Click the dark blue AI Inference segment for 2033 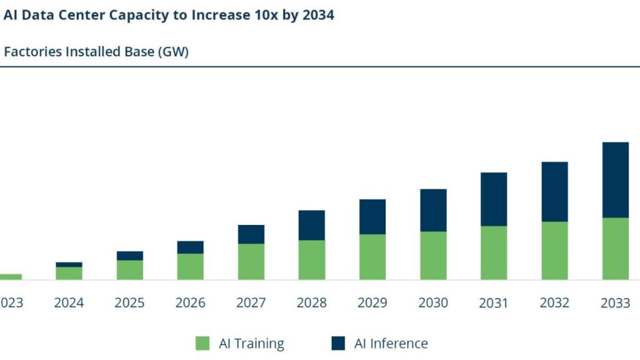(616, 180)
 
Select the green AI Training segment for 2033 (616, 248)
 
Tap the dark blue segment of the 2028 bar (311, 225)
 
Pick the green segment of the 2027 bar (251, 261)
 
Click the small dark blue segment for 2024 (69, 264)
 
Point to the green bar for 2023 (10, 276)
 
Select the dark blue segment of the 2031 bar (494, 199)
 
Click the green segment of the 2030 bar (433, 255)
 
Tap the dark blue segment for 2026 (190, 247)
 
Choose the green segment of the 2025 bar (129, 269)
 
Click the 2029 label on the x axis (372, 303)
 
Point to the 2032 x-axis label (554, 303)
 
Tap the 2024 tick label (69, 303)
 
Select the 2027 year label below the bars (251, 303)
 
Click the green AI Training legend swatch (202, 343)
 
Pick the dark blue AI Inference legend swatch (337, 343)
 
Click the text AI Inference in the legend (391, 343)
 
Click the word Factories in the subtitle (32, 52)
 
